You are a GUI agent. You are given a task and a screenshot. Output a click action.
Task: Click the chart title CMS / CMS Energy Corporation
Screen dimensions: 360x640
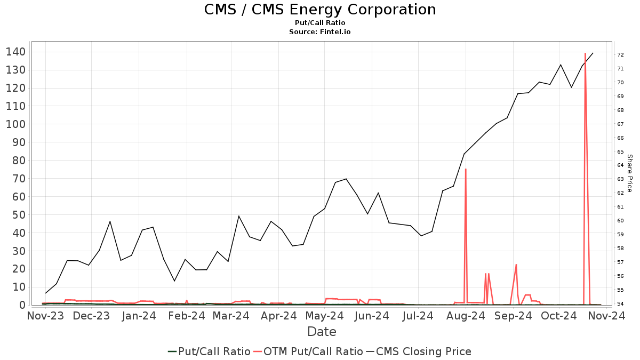[320, 10]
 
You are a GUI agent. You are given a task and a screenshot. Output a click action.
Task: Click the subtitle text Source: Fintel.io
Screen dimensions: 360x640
[320, 31]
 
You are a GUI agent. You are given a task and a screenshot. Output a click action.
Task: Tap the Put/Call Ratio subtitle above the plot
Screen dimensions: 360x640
[320, 23]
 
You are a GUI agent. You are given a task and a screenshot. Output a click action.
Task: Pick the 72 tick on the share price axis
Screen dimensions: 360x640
[621, 55]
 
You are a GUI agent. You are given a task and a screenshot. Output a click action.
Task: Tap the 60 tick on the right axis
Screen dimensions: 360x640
[621, 221]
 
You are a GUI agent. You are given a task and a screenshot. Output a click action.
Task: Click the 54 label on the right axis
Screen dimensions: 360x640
[621, 304]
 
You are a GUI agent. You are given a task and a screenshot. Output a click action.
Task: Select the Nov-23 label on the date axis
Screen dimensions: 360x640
[45, 316]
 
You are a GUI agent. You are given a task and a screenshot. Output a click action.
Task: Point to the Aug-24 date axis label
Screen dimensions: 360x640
[466, 316]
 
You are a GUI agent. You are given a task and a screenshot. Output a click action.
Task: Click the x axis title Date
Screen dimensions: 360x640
[322, 332]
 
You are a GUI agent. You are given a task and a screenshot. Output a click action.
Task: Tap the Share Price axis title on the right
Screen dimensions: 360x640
[629, 173]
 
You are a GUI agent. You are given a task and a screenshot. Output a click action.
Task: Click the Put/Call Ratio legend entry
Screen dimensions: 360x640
[209, 351]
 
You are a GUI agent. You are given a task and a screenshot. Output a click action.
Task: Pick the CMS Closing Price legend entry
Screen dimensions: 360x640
[418, 351]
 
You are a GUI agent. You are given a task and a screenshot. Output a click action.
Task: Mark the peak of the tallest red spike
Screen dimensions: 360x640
[585, 53]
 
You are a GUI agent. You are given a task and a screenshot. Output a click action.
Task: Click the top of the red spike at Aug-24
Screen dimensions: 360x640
[466, 169]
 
